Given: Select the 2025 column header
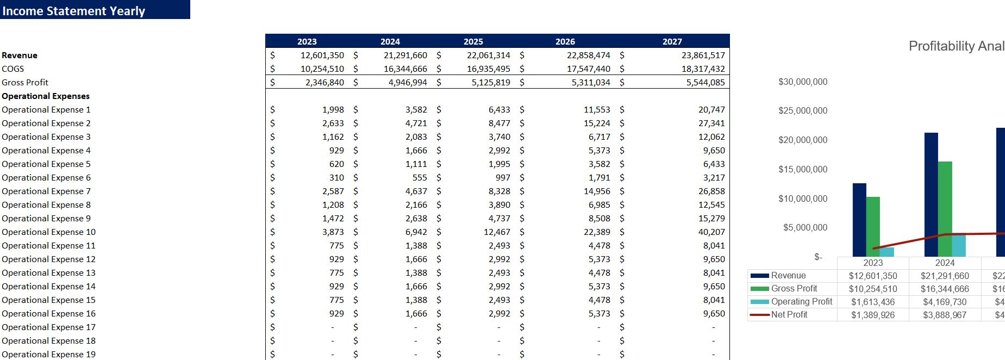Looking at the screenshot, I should [473, 41].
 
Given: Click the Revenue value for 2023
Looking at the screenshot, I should [322, 55].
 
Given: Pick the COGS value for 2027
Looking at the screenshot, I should [703, 69].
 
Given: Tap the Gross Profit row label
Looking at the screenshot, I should [25, 83].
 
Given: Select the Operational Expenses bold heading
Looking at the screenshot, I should [46, 96].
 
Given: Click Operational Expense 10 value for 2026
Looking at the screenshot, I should [597, 232].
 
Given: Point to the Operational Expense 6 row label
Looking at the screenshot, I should [46, 178].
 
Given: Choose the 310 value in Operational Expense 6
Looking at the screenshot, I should [336, 178].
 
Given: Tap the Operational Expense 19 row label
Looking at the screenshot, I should [48, 355].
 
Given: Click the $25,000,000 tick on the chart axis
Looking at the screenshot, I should [803, 111].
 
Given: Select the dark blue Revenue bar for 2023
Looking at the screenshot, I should [859, 220].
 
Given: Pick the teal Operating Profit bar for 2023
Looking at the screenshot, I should [887, 252].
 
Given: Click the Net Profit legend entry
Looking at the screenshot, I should [789, 315].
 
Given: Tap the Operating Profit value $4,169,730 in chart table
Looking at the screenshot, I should [944, 302].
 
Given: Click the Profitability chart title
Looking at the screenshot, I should [956, 46].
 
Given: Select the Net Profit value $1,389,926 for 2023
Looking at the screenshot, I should [872, 315].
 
